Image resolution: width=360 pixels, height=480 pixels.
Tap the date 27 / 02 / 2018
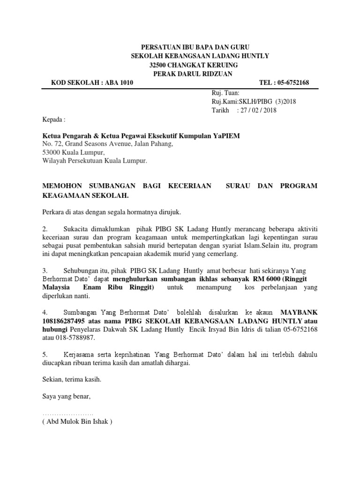(259, 110)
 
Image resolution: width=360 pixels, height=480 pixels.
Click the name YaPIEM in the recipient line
(226, 135)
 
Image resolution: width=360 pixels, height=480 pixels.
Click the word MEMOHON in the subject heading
(61, 186)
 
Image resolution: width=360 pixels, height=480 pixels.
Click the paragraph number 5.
(45, 355)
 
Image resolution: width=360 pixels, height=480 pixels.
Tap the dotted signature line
(68, 414)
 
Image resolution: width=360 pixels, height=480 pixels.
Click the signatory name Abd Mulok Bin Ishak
(77, 421)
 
